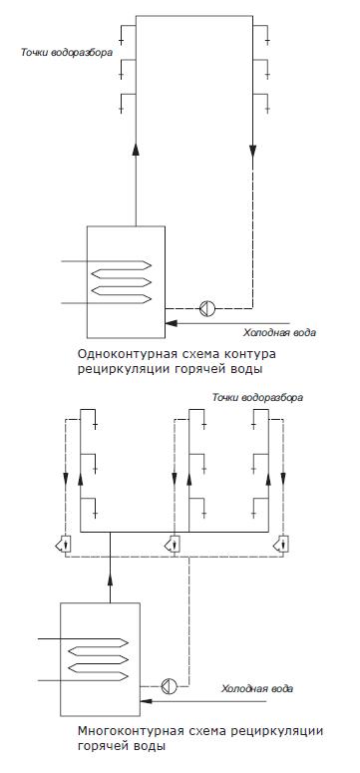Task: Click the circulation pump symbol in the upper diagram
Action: tap(207, 308)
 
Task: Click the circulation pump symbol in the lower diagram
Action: tap(169, 686)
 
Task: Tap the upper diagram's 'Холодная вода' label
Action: tap(279, 333)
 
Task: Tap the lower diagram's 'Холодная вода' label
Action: tap(257, 688)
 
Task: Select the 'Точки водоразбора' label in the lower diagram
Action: tap(257, 397)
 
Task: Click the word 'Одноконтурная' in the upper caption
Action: tap(116, 355)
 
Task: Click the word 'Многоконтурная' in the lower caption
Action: tap(117, 730)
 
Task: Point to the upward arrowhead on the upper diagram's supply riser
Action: tap(136, 150)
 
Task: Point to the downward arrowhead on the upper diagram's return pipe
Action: tap(252, 151)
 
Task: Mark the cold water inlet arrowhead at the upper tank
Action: tap(172, 323)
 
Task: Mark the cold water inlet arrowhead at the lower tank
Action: tap(146, 700)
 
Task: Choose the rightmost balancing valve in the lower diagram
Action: tap(281, 545)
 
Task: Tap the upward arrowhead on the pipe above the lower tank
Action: tap(110, 580)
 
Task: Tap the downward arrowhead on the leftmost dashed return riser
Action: tap(66, 478)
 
